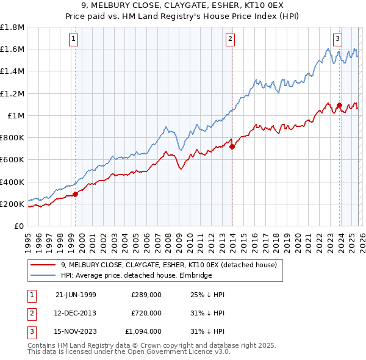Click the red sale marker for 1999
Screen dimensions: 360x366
(76, 194)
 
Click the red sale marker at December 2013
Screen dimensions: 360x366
(232, 146)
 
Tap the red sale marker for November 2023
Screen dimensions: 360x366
(339, 105)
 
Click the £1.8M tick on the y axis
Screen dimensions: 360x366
(12, 27)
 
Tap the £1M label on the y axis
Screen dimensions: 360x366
(15, 115)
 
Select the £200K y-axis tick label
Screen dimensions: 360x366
(12, 204)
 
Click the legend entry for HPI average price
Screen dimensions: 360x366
(137, 275)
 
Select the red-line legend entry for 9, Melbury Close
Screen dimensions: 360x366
(169, 265)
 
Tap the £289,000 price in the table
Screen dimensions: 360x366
(146, 295)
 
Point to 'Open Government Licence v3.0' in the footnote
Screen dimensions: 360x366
(160, 352)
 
